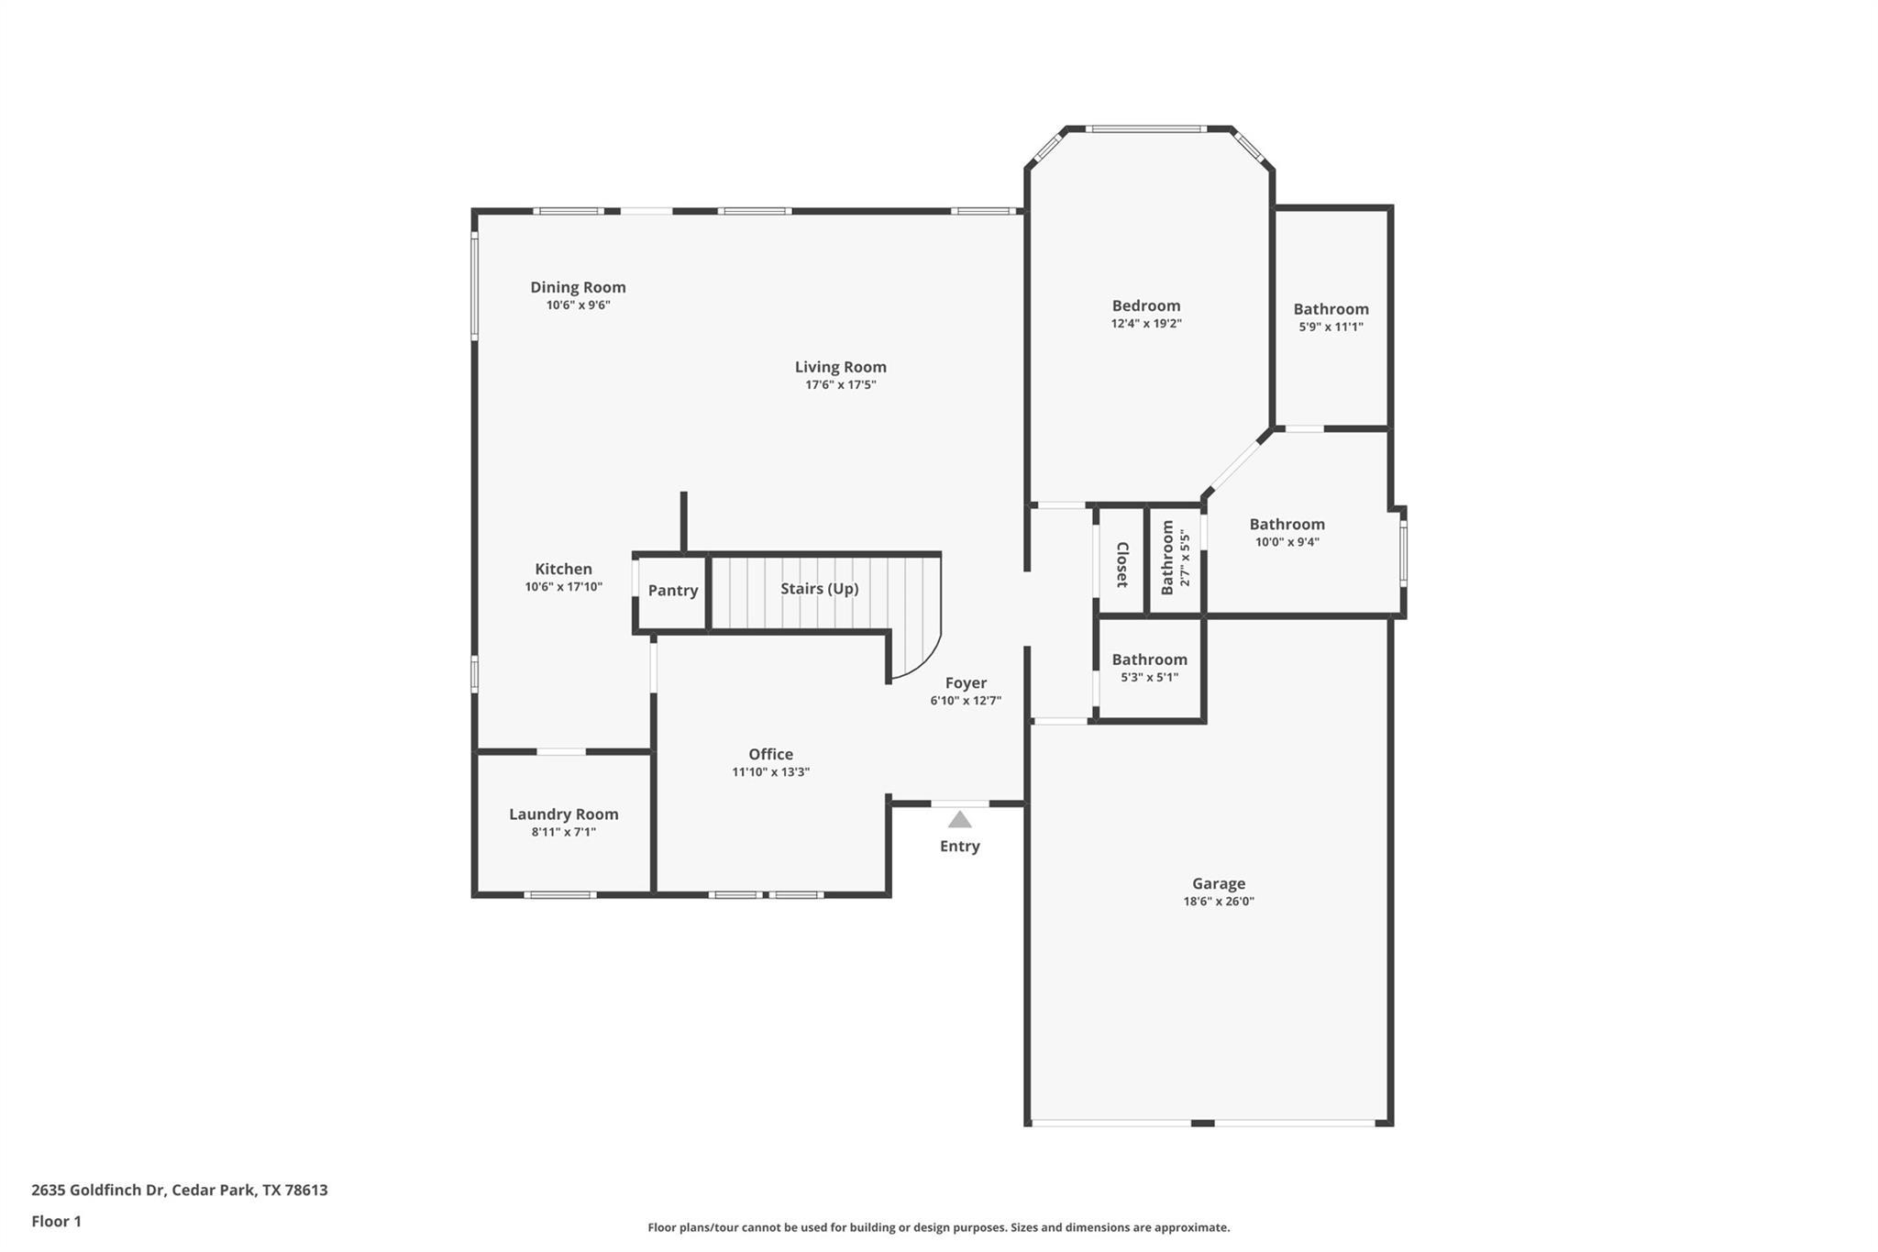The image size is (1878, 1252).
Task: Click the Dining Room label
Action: [x=578, y=287]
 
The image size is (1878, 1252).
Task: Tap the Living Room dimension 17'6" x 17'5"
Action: [x=840, y=385]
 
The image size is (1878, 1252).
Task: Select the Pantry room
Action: [x=672, y=591]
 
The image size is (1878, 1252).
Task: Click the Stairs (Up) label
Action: [x=819, y=589]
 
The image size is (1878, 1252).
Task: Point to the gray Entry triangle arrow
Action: [x=959, y=820]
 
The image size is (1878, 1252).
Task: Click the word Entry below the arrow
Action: [x=959, y=847]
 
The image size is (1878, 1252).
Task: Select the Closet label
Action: [x=1121, y=564]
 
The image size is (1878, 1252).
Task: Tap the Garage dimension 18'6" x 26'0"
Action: [x=1218, y=902]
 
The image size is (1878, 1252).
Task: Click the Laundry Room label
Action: [x=563, y=814]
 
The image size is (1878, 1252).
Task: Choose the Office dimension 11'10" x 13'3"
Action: [x=770, y=772]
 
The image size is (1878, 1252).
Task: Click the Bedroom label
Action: [x=1145, y=306]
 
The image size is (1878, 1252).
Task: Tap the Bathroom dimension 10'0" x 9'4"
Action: [x=1287, y=542]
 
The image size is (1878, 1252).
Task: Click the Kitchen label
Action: [x=563, y=570]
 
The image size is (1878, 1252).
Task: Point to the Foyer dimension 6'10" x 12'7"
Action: [x=965, y=701]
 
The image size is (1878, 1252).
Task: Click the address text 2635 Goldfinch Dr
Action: [x=98, y=1190]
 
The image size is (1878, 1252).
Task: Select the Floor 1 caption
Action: [x=56, y=1221]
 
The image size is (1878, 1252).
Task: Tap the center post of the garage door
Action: [x=1202, y=1123]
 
